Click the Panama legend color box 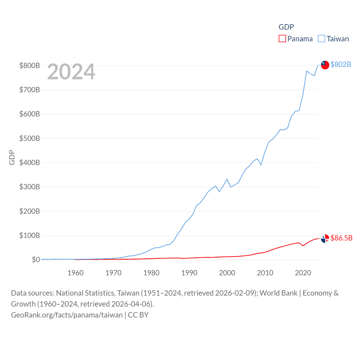[x=282, y=39]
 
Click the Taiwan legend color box [x=321, y=39]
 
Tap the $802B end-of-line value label [x=341, y=64]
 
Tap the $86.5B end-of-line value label [x=341, y=238]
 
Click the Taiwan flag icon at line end [x=325, y=65]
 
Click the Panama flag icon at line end [x=325, y=238]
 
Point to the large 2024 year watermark [x=71, y=72]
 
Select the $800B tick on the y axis [x=30, y=66]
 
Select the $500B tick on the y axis [x=30, y=138]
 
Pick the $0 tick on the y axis [x=36, y=260]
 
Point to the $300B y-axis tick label [x=30, y=187]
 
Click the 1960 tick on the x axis [x=75, y=273]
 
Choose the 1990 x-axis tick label [x=189, y=273]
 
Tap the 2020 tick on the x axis [x=303, y=273]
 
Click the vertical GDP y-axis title [x=12, y=157]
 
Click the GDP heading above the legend [x=286, y=27]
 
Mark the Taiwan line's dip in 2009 [x=261, y=165]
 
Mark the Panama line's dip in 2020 [x=303, y=246]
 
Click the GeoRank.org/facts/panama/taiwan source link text [x=67, y=315]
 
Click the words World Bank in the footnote [x=278, y=293]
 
